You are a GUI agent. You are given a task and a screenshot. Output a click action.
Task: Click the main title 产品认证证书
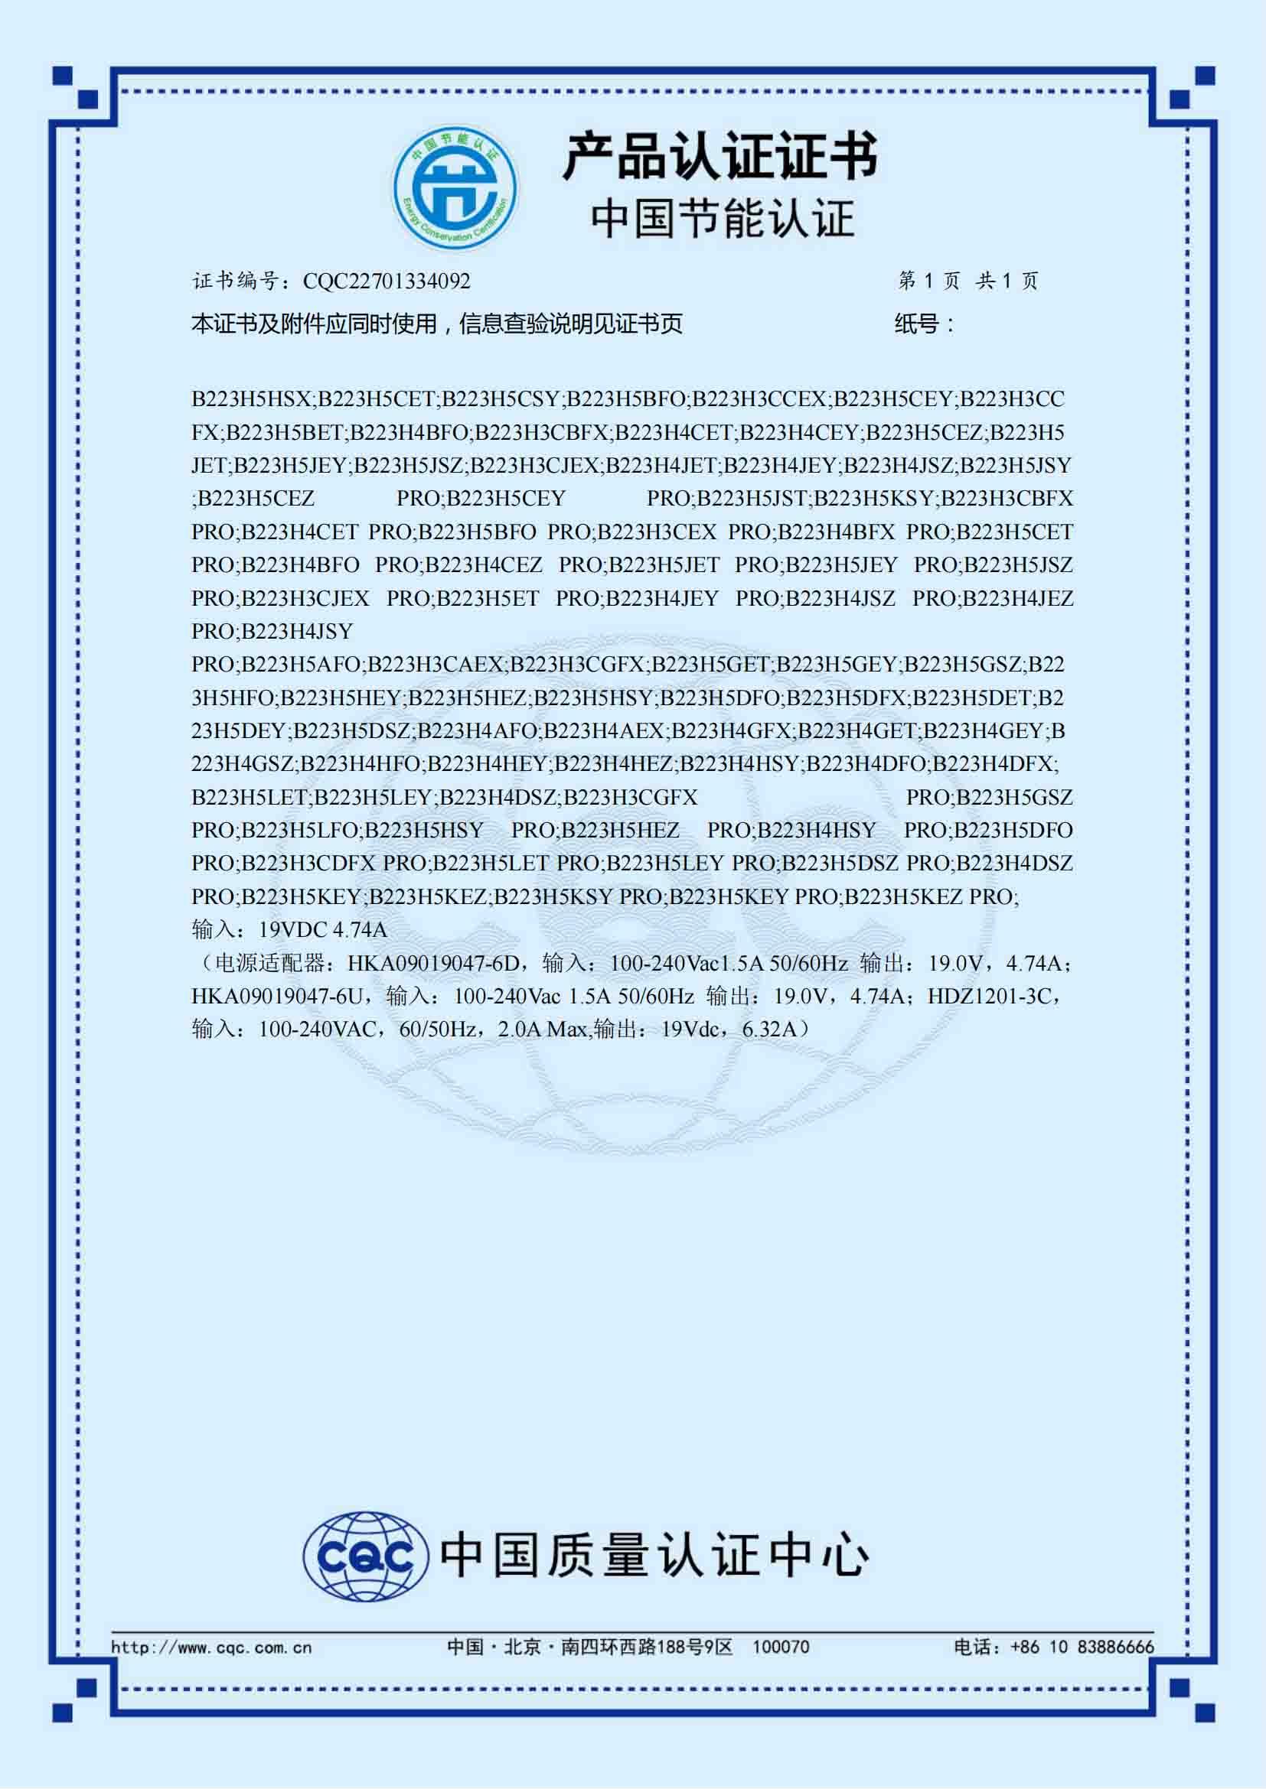(x=720, y=157)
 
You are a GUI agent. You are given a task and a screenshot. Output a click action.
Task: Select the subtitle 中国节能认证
(x=722, y=219)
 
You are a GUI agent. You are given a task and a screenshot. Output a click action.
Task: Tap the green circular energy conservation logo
(x=455, y=190)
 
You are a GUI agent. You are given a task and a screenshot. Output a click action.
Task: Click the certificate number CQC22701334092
(x=387, y=281)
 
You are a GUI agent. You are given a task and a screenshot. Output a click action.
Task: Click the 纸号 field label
(x=923, y=324)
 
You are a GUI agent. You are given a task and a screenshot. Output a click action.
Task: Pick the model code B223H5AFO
(x=301, y=665)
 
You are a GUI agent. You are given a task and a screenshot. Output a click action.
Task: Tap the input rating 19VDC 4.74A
(x=323, y=930)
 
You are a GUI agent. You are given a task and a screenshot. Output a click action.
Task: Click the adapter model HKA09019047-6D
(x=432, y=964)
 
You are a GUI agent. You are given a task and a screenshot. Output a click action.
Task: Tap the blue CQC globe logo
(x=366, y=1556)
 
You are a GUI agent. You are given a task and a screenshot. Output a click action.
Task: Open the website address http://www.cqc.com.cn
(x=211, y=1648)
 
